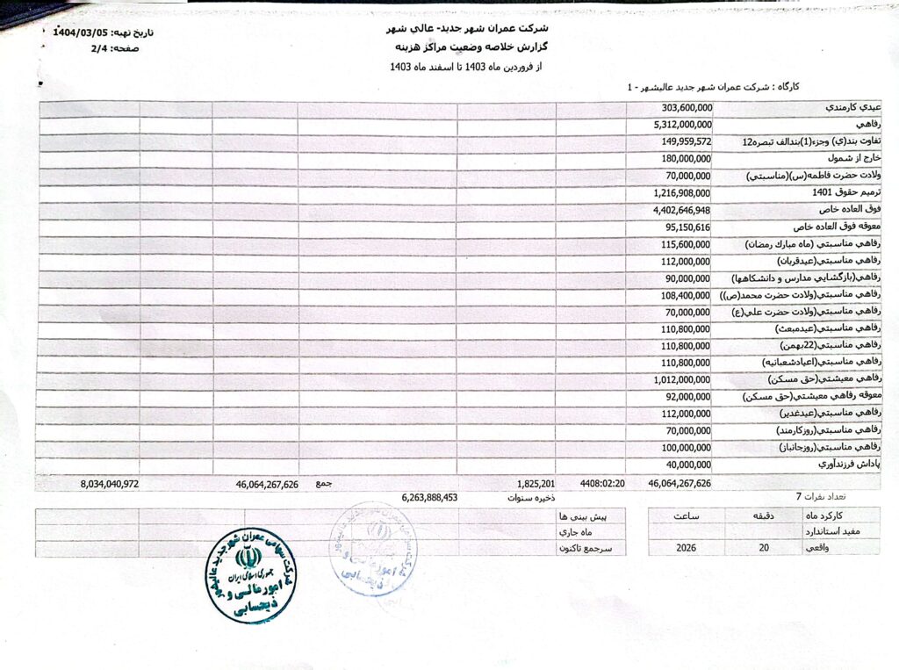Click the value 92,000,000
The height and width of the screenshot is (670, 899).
click(687, 396)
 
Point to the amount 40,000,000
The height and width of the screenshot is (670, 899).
click(687, 465)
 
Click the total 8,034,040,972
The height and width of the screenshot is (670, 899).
click(109, 484)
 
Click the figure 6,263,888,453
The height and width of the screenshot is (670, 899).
click(430, 498)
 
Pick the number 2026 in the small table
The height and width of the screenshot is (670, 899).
click(687, 547)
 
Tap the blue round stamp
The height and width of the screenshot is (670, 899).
click(370, 548)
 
